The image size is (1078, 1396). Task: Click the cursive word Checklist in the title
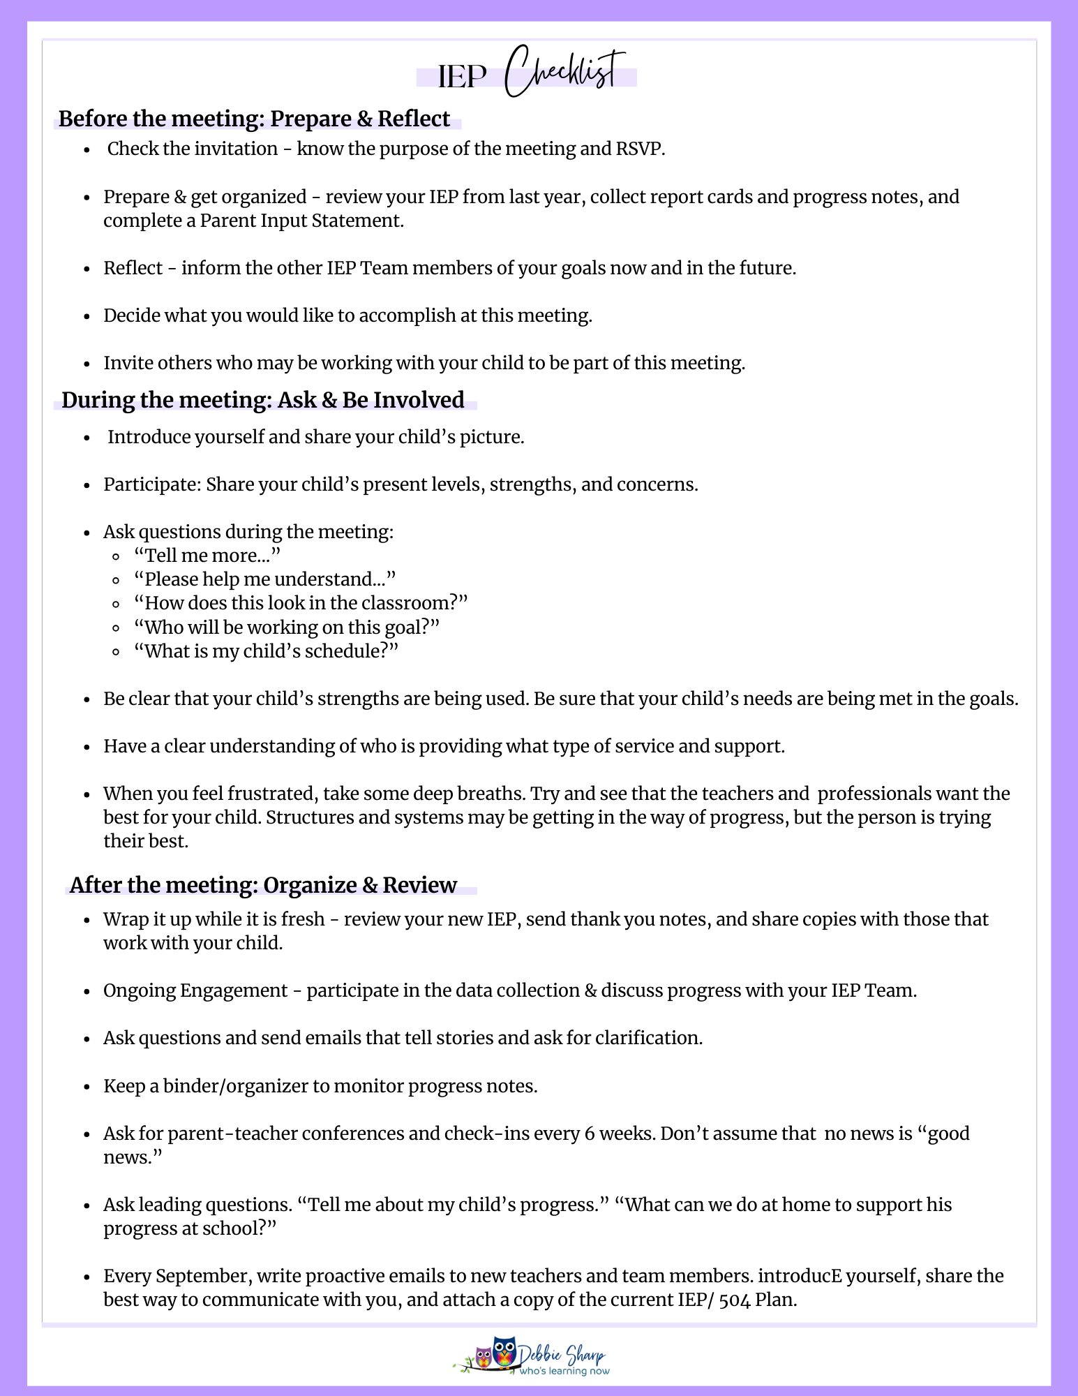564,72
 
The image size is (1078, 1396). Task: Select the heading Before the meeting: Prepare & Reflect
254,119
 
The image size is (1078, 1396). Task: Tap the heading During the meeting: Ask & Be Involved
263,400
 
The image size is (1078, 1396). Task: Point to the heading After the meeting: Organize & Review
263,885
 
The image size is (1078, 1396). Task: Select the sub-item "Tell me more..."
207,556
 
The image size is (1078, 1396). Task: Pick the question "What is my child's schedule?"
266,651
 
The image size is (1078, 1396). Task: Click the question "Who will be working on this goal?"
287,628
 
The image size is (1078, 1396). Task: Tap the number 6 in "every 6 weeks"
590,1134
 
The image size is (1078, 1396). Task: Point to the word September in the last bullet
203,1276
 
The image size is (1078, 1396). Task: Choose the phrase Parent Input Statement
301,221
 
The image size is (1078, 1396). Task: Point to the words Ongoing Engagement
195,990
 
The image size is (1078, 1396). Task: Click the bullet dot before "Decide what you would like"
87,316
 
